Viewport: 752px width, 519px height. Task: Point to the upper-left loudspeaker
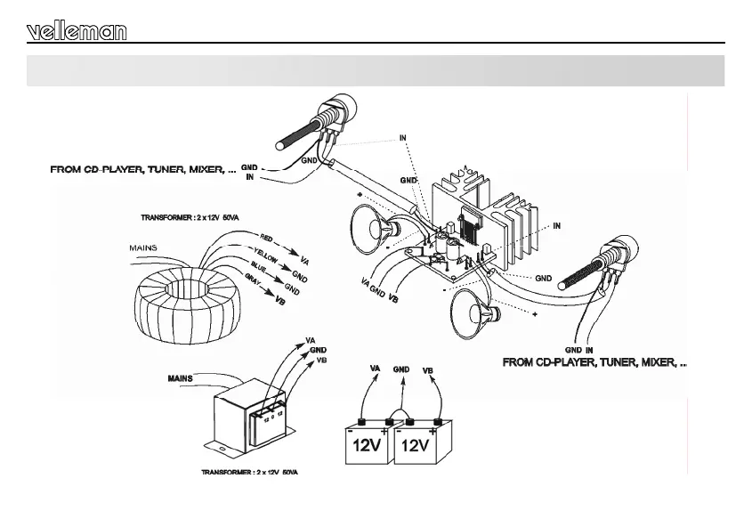[x=369, y=226]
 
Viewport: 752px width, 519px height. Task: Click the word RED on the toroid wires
[x=266, y=238]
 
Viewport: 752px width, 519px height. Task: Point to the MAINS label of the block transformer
[x=181, y=378]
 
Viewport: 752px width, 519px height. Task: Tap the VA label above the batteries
[x=375, y=368]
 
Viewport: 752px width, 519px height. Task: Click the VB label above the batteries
[x=427, y=369]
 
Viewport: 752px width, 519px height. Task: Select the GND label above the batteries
[x=401, y=368]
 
